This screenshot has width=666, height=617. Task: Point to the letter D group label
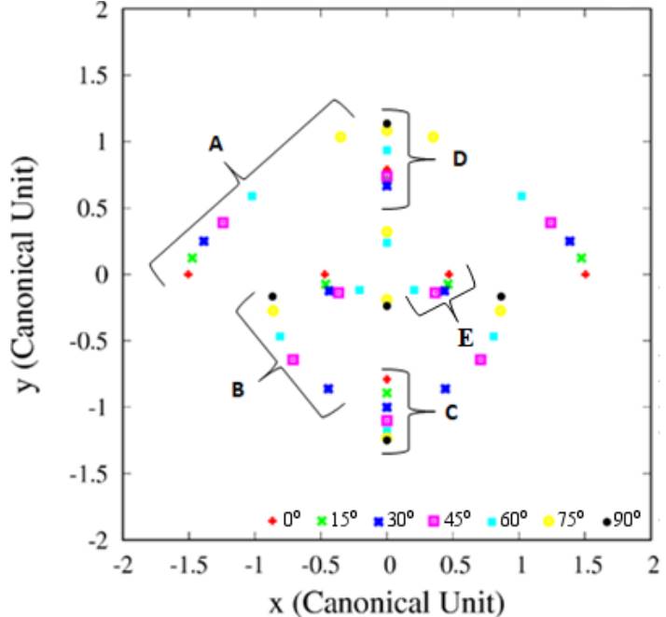click(x=459, y=159)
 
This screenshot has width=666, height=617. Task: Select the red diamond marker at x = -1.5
click(x=188, y=274)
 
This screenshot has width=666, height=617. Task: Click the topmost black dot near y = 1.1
click(x=387, y=124)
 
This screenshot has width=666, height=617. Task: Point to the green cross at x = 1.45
click(x=581, y=258)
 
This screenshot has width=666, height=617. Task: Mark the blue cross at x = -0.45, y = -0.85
click(x=327, y=388)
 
